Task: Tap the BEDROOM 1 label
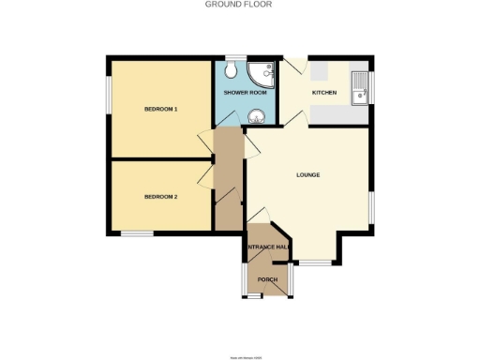[160, 110]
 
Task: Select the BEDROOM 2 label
[160, 197]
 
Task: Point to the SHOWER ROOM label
[245, 93]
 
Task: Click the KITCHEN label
[324, 93]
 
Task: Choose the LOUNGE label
[308, 175]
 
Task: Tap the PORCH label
[267, 280]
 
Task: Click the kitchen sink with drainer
[359, 88]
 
